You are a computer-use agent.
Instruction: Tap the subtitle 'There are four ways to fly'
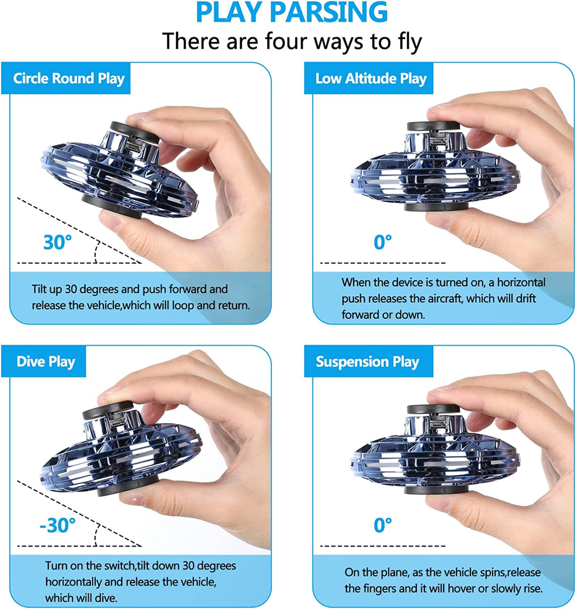coord(292,41)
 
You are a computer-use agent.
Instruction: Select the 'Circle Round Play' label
coord(69,79)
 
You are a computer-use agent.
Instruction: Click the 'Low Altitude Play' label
coord(371,79)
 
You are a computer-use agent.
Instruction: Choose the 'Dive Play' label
coord(46,362)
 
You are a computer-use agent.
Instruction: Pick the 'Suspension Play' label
coord(367,362)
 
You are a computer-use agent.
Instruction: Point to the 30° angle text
coord(57,242)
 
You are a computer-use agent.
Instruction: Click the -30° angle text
coord(57,525)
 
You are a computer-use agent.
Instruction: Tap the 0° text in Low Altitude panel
coord(383,242)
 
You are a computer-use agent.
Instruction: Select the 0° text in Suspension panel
coord(383,525)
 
